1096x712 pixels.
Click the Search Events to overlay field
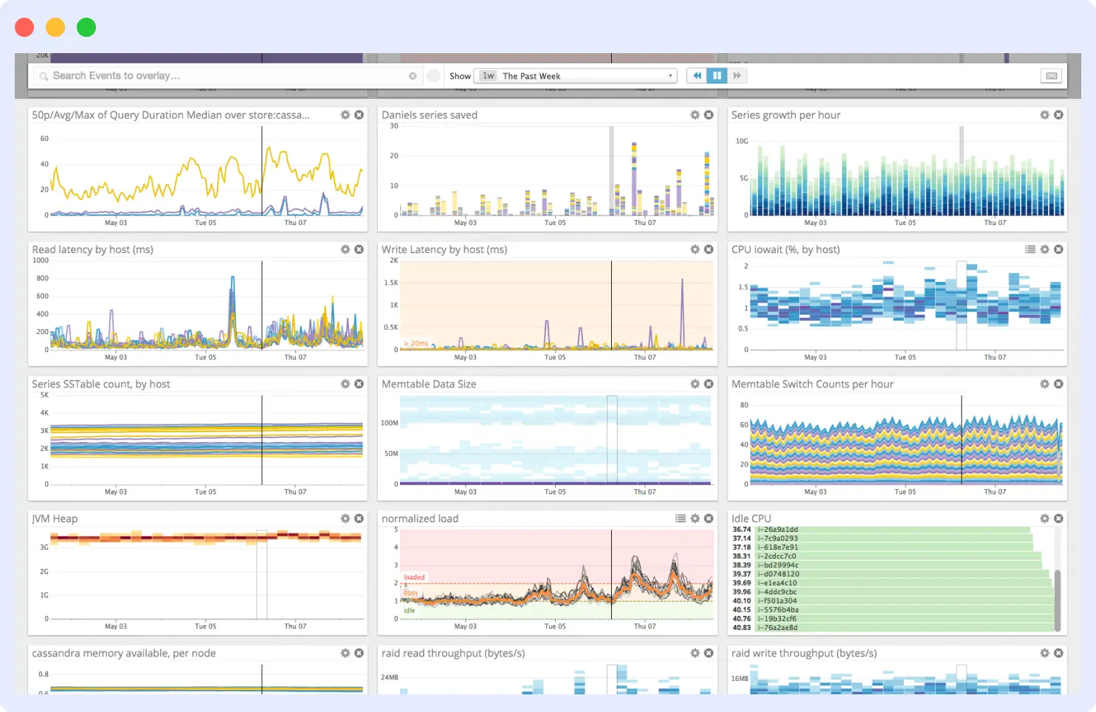221,76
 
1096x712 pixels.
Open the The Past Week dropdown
576,76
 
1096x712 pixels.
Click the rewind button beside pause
697,76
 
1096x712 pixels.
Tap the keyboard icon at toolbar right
1052,76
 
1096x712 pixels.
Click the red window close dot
24,27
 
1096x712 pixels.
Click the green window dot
86,27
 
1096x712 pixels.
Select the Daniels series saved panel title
430,115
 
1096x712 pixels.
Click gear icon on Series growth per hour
1044,115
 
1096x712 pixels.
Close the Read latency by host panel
359,249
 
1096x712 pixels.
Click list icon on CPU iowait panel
1030,249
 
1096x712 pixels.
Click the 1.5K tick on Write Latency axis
391,283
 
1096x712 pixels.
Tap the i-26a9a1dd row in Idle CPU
780,530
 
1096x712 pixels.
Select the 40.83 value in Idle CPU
741,628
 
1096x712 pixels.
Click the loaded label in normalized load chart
414,577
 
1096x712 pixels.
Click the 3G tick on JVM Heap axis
44,547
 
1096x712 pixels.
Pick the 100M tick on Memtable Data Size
390,424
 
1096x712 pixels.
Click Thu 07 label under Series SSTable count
295,491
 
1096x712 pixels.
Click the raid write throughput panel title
804,654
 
